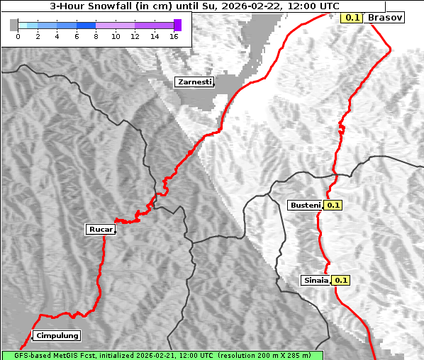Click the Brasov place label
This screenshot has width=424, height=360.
pyautogui.click(x=385, y=17)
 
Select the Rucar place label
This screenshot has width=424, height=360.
pyautogui.click(x=100, y=229)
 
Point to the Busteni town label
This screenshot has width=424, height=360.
pyautogui.click(x=306, y=205)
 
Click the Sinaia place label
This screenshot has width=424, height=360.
pyautogui.click(x=316, y=280)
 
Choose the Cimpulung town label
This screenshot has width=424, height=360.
pyautogui.click(x=56, y=335)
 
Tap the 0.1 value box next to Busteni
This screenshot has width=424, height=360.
pyautogui.click(x=333, y=205)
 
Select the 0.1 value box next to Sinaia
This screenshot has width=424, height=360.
pyautogui.click(x=341, y=280)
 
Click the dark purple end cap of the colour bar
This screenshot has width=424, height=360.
pyautogui.click(x=177, y=25)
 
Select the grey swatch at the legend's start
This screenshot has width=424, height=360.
pyautogui.click(x=14, y=25)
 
